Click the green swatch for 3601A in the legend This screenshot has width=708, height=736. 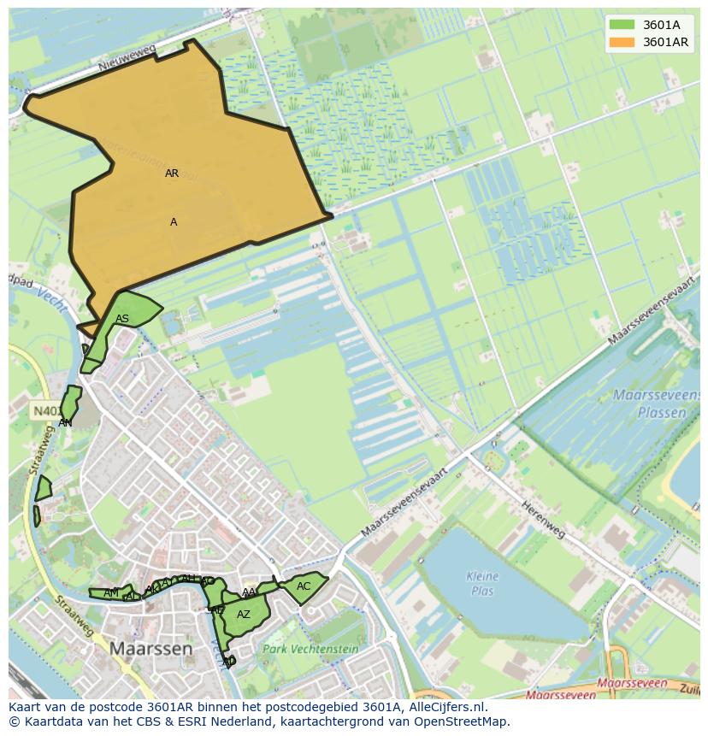(x=623, y=25)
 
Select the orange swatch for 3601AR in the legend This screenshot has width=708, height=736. (x=623, y=42)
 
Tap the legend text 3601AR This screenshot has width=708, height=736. (x=666, y=42)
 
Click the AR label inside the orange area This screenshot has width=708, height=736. (x=172, y=174)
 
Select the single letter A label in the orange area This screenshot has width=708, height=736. (x=174, y=222)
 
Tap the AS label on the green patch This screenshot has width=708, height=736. (x=122, y=319)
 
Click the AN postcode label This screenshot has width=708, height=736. (x=65, y=422)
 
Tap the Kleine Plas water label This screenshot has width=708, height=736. (x=482, y=583)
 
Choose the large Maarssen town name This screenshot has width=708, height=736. (x=150, y=649)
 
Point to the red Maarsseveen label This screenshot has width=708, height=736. (x=632, y=684)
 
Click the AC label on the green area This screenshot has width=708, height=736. (x=304, y=586)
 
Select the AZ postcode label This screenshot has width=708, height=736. (x=244, y=614)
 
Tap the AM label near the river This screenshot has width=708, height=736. (x=111, y=593)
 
